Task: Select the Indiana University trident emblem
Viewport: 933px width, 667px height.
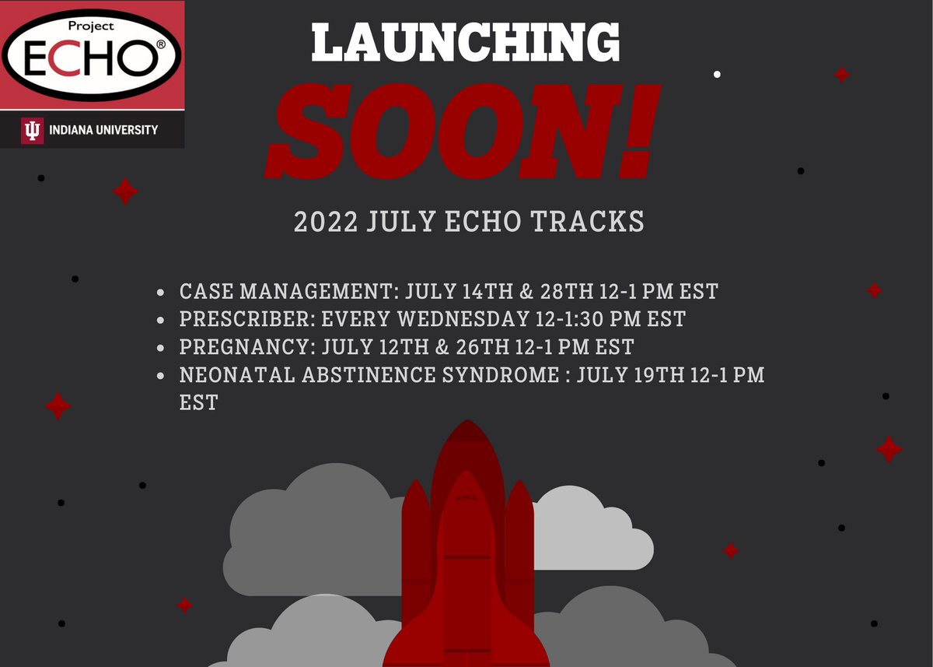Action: coord(32,131)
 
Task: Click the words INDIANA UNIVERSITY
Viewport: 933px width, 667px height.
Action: coord(102,131)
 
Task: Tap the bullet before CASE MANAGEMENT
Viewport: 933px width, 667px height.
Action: coord(160,293)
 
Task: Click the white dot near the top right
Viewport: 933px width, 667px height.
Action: coord(717,74)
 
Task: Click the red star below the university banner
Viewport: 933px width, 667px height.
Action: coord(124,191)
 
